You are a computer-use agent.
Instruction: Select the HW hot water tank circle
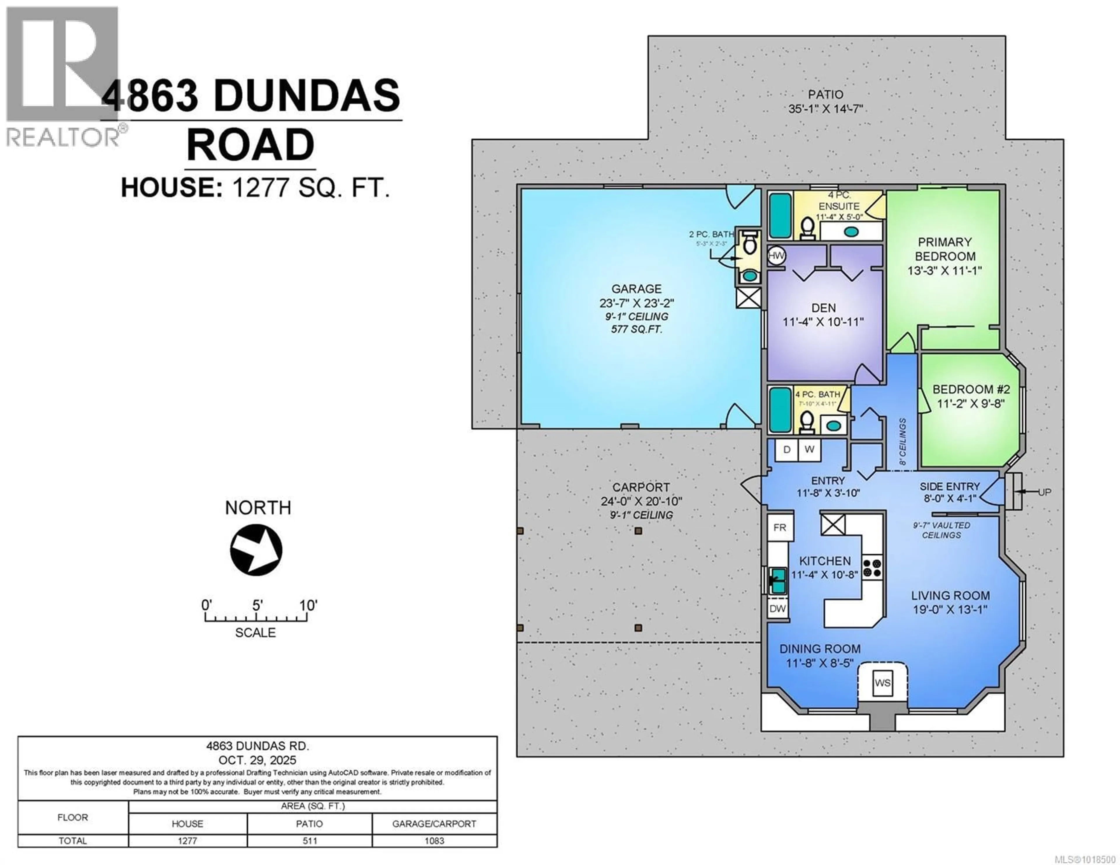click(x=776, y=255)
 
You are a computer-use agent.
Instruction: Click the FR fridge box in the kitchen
click(x=780, y=528)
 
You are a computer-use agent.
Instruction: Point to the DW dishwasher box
click(x=777, y=609)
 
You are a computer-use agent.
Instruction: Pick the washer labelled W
click(x=809, y=450)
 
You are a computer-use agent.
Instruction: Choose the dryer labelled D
click(x=787, y=450)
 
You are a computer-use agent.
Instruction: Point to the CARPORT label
click(x=641, y=487)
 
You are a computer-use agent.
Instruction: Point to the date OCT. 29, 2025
click(x=258, y=760)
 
